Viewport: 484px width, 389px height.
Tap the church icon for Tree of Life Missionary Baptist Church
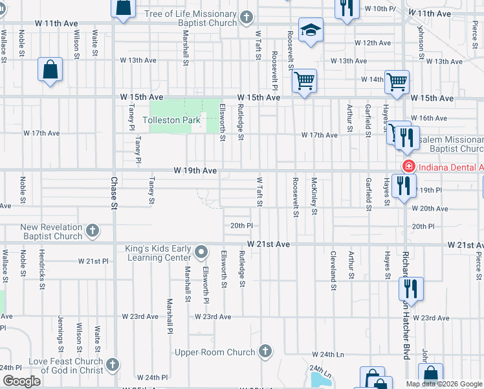pyautogui.click(x=246, y=18)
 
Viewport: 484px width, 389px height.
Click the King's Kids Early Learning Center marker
pyautogui.click(x=202, y=251)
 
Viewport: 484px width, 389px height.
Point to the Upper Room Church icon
pyautogui.click(x=264, y=351)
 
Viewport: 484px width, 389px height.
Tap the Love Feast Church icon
pyautogui.click(x=113, y=365)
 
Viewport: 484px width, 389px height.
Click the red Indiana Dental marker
pyautogui.click(x=408, y=167)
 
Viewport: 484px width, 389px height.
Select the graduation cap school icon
pyautogui.click(x=311, y=30)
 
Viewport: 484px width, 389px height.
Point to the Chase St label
pyautogui.click(x=113, y=193)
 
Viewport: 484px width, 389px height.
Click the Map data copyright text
pyautogui.click(x=443, y=384)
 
